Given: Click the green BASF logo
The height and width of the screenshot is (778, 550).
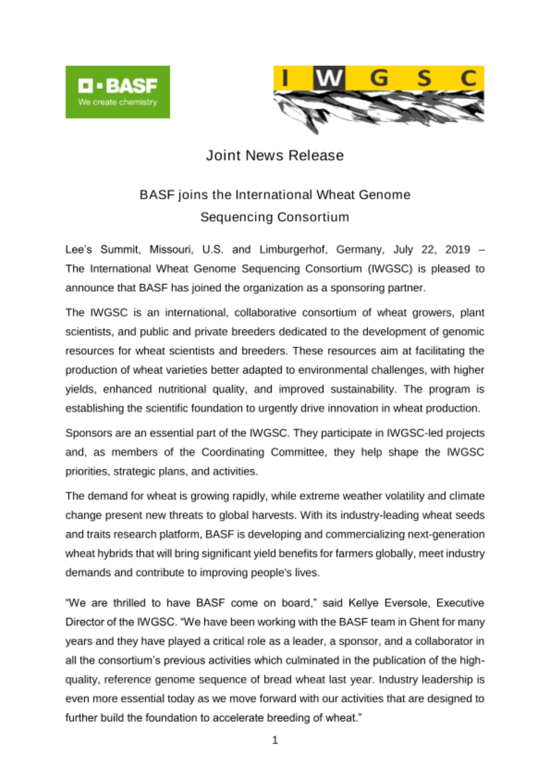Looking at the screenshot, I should pyautogui.click(x=117, y=91).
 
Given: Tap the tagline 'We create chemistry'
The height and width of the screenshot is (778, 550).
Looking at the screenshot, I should pyautogui.click(x=117, y=102).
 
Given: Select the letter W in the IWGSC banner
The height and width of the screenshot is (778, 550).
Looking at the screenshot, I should pyautogui.click(x=329, y=78).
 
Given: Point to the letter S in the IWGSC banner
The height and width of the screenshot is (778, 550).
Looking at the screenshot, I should pyautogui.click(x=424, y=78).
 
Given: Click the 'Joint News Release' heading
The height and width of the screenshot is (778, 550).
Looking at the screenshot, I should pyautogui.click(x=275, y=155).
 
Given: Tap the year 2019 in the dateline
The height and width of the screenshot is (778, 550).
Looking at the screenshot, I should pyautogui.click(x=458, y=249).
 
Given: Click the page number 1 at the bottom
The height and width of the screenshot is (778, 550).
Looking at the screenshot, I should pyautogui.click(x=275, y=739).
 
